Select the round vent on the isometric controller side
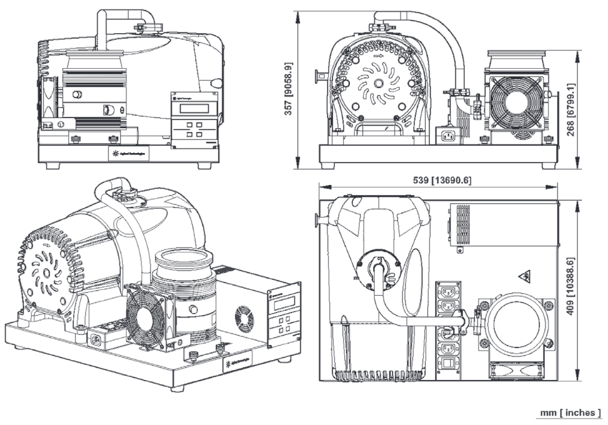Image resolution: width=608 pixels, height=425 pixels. tap(244, 317)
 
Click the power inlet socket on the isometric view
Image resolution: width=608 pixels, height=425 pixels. tap(97, 341)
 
